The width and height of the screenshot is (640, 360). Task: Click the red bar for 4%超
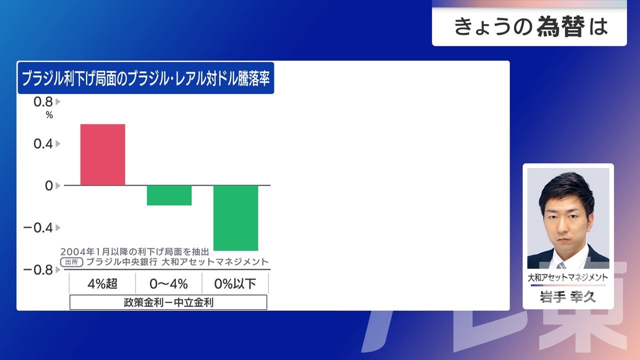point(102,154)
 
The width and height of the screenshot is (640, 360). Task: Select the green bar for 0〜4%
point(169,195)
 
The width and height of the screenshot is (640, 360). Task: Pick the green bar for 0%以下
point(235,218)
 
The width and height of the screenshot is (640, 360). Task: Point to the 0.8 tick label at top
point(43,102)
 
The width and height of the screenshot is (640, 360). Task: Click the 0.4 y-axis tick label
point(43,143)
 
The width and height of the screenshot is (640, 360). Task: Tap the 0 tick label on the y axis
point(49,185)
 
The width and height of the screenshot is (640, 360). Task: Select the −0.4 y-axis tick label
point(38,227)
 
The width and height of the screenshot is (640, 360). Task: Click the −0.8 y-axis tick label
point(38,269)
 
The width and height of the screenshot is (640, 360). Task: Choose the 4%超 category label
point(102,283)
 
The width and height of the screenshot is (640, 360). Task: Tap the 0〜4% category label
point(168,283)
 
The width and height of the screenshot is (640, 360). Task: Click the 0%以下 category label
point(235,283)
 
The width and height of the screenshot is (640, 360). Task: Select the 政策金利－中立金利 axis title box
point(168,302)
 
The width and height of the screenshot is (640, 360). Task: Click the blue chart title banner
point(145,78)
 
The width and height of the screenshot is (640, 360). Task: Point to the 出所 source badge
point(71,262)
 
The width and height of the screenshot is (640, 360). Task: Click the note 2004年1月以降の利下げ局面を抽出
point(134,251)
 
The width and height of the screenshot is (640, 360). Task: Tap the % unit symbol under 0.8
point(49,115)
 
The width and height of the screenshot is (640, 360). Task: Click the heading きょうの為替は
point(531,26)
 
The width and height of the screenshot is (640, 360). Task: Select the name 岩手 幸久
point(568,297)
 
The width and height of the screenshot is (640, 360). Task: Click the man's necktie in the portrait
point(561,265)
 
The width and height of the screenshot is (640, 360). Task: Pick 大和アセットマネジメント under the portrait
point(568,277)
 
